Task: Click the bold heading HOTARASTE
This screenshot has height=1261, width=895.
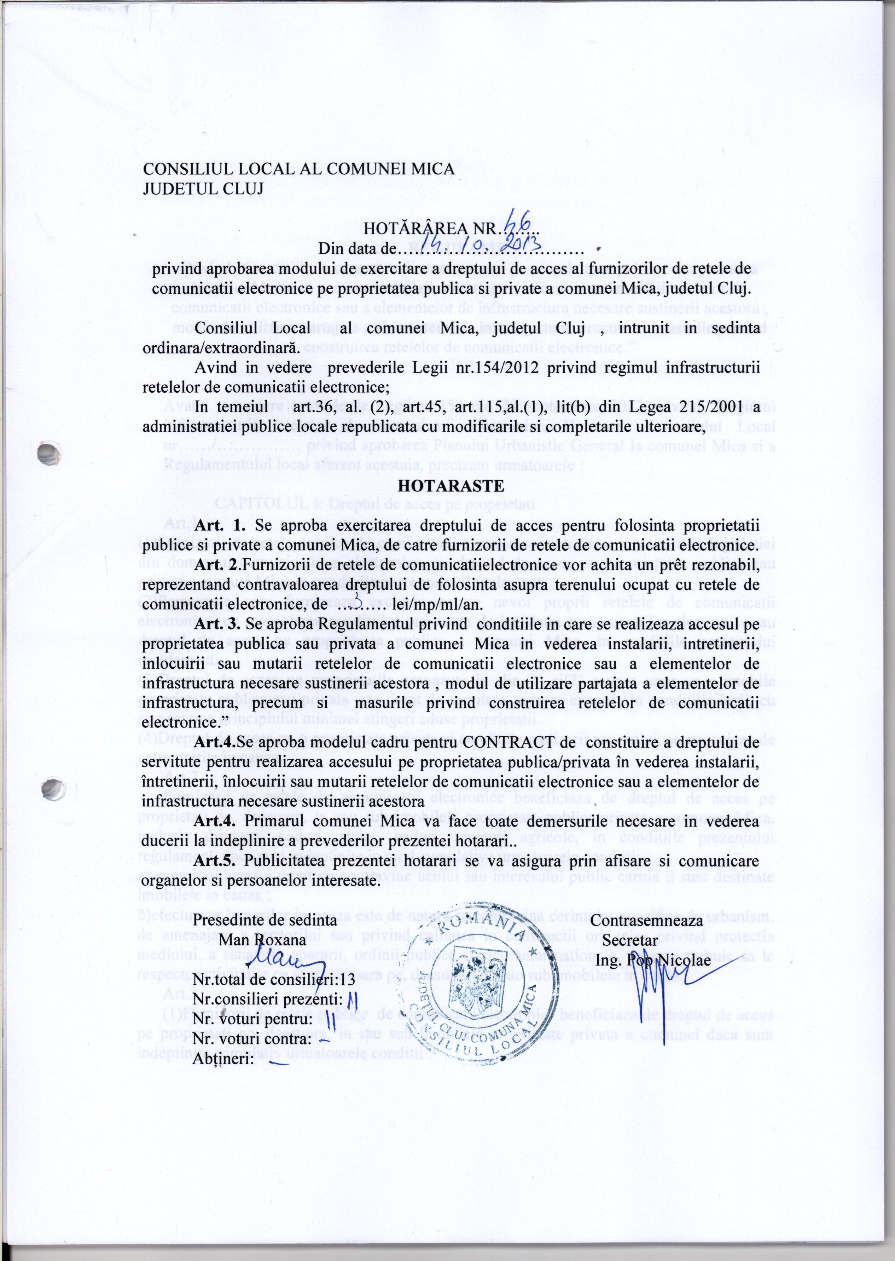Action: (451, 486)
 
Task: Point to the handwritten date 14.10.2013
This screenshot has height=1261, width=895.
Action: (485, 244)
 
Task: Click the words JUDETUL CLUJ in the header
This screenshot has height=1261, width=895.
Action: (203, 189)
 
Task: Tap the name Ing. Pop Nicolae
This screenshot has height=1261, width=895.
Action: (653, 960)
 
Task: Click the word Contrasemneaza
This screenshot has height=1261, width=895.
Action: (646, 920)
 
